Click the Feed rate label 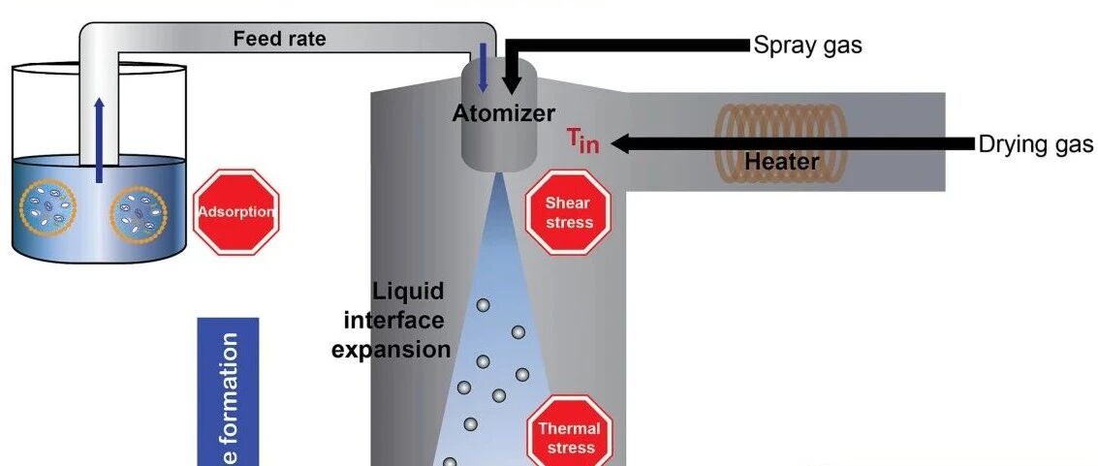(x=279, y=39)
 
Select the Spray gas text (x=807, y=47)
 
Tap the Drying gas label (x=1035, y=145)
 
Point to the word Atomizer (x=504, y=113)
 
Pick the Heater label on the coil (x=781, y=162)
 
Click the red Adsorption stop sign (x=236, y=212)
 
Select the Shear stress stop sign (x=569, y=213)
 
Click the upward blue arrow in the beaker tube (x=99, y=140)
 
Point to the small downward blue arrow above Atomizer (x=483, y=68)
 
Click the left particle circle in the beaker (x=48, y=207)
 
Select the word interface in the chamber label (x=394, y=321)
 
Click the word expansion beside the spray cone (x=391, y=349)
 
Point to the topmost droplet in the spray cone (x=483, y=305)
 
